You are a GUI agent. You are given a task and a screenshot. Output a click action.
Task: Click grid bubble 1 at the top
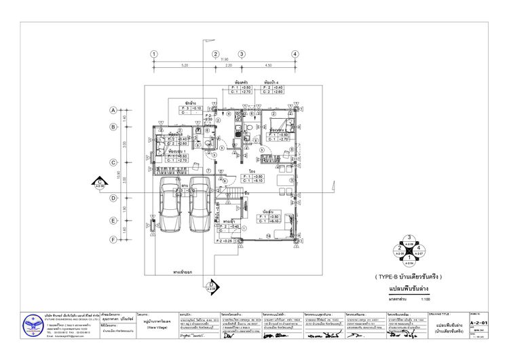click(x=155, y=54)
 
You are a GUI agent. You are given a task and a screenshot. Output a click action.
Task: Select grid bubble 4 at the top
click(x=295, y=54)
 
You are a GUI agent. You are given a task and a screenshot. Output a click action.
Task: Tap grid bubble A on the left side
click(x=114, y=110)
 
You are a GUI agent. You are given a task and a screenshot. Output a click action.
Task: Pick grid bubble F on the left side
click(x=114, y=239)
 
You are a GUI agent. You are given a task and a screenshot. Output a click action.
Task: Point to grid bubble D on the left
click(x=114, y=198)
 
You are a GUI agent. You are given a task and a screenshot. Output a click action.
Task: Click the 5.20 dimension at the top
click(x=185, y=65)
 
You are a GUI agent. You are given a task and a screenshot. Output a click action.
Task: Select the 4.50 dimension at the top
click(x=268, y=65)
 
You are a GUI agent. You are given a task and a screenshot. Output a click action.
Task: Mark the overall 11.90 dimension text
click(x=225, y=60)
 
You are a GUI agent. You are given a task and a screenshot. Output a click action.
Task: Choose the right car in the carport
click(x=199, y=205)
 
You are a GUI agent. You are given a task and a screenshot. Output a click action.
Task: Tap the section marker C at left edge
click(x=99, y=182)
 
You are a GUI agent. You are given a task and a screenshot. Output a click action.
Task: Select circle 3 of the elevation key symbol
click(x=409, y=239)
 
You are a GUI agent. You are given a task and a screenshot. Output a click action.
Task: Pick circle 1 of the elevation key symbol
click(x=409, y=259)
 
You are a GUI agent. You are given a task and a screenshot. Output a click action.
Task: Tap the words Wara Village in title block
click(x=157, y=326)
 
